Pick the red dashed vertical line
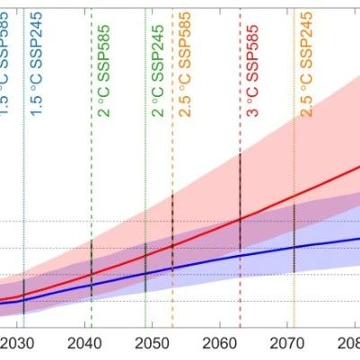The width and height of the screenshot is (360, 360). [240, 117]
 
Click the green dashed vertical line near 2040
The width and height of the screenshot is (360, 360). [92, 180]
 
